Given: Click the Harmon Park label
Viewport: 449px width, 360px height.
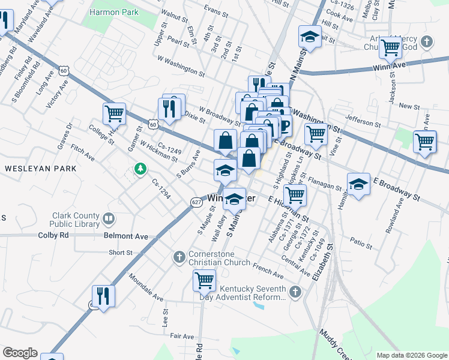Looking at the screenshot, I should (113, 12).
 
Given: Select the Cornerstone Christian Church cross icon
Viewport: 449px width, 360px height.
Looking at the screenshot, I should (178, 257).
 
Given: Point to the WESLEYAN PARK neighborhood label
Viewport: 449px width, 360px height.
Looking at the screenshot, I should (41, 169).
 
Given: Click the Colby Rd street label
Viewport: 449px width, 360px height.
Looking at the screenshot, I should (53, 236).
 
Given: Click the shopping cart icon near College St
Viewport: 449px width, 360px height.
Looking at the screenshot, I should (114, 112).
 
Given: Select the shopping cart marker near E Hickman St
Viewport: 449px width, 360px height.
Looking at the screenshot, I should (294, 194).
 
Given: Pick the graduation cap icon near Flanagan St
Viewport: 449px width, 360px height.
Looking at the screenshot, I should (358, 183).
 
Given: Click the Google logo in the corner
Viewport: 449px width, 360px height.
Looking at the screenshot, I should (20, 353).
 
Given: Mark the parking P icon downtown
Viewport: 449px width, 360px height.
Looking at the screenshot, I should (283, 126).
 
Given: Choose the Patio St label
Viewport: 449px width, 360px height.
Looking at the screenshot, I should (362, 244).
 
